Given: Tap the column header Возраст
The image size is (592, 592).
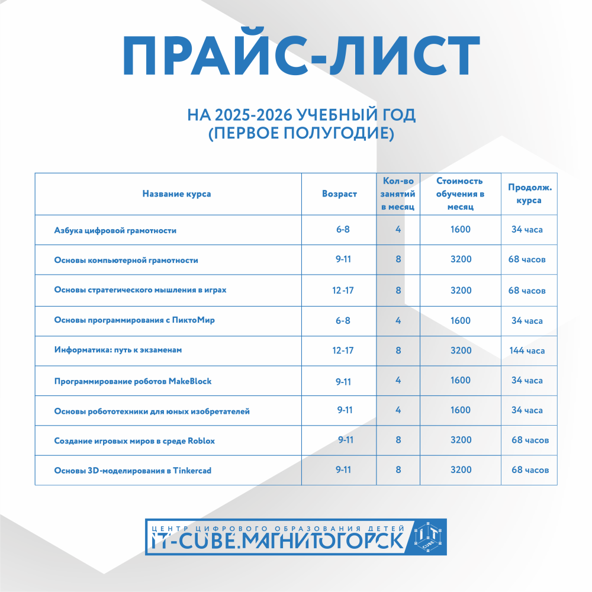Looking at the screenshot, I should tap(339, 194).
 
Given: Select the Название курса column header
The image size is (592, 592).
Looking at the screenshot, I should tap(176, 194).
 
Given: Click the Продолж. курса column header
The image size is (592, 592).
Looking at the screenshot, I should tap(530, 194).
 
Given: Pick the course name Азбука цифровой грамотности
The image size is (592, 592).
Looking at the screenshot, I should tap(115, 230).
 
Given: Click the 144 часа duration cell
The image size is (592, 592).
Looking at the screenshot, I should tap(527, 350).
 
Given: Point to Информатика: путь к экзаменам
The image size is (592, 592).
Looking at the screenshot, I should tap(118, 350).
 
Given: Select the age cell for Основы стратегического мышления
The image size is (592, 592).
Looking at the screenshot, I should tap(343, 291).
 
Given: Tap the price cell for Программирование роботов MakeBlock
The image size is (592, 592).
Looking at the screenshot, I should tap(461, 381).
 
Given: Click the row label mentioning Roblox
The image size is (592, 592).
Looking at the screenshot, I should tap(134, 440).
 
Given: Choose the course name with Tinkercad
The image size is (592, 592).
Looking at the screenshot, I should tap(133, 471).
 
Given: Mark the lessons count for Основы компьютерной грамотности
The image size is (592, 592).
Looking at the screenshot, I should tap(398, 260).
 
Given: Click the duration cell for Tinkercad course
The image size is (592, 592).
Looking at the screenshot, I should tap(530, 470).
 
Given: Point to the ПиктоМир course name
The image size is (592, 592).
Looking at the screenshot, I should tap(134, 321).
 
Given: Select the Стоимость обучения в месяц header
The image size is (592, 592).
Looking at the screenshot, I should tap(460, 194).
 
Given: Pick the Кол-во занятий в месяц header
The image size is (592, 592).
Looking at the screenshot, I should tap(398, 194).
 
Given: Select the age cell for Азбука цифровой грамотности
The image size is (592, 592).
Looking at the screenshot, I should tap(343, 230).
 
